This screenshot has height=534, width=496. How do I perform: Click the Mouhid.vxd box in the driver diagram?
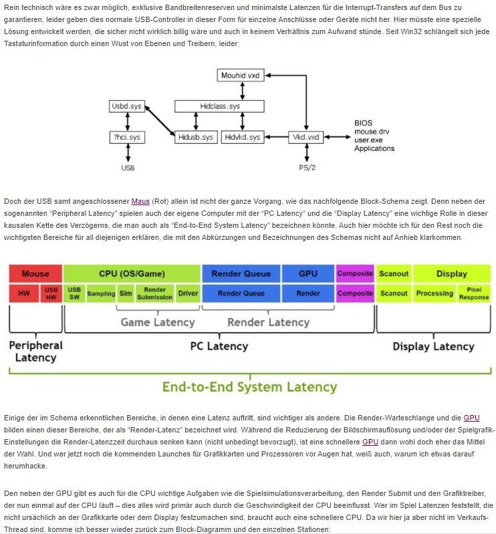click(240, 76)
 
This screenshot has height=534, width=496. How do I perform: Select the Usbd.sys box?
click(126, 106)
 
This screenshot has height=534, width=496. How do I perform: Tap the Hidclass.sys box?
click(219, 106)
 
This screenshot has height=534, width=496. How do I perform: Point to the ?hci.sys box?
click(126, 137)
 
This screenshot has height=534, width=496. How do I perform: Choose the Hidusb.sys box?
click(196, 137)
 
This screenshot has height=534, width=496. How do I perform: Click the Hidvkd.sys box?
click(242, 137)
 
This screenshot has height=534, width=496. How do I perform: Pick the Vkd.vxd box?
click(305, 137)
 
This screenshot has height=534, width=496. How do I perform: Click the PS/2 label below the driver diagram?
click(307, 168)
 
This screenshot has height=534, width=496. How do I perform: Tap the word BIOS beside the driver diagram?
click(364, 124)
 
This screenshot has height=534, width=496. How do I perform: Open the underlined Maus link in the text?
click(140, 201)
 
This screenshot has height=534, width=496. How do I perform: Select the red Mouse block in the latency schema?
click(35, 273)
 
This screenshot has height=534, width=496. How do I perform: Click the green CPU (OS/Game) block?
click(132, 273)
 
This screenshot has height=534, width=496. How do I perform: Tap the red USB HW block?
click(51, 293)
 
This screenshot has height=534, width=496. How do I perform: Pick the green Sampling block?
click(101, 293)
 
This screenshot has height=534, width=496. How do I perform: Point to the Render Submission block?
click(154, 293)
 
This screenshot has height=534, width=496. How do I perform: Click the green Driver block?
click(188, 293)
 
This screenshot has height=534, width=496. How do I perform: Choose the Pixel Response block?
click(474, 293)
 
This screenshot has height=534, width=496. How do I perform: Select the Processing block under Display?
click(435, 293)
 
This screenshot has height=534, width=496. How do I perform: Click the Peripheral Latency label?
click(35, 351)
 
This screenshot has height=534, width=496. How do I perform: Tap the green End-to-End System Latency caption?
click(249, 387)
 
